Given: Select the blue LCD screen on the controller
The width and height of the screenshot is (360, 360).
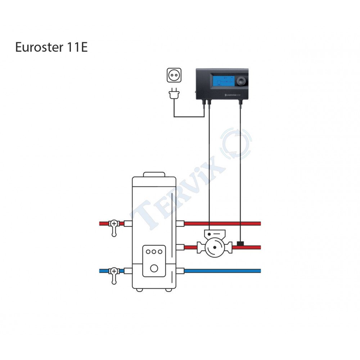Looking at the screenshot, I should tap(223, 83).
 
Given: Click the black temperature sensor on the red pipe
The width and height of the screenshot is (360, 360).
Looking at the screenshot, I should tap(240, 244).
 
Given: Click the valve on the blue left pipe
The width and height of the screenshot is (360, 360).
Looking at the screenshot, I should tap(114, 271).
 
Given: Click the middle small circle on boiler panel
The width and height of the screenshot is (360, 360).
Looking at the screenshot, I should tap(154, 252).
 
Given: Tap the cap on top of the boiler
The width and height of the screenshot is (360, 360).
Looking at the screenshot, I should tap(154, 175).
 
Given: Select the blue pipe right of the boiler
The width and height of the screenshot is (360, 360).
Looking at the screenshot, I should tap(223, 271).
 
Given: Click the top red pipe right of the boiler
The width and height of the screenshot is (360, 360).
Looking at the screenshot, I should tap(223, 224).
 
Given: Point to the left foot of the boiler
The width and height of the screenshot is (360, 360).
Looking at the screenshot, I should tap(139, 289).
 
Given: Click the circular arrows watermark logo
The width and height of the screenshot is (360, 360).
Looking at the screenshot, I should tap(237, 144).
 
